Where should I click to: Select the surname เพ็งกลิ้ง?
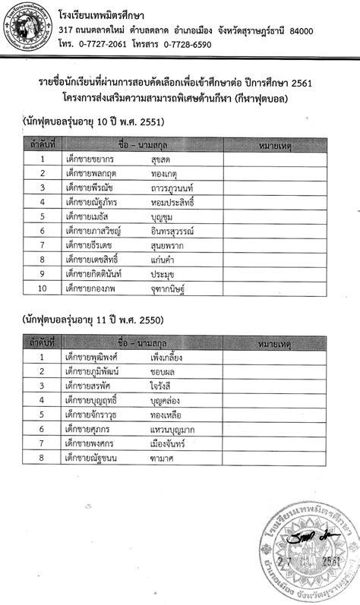pos(170,357)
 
